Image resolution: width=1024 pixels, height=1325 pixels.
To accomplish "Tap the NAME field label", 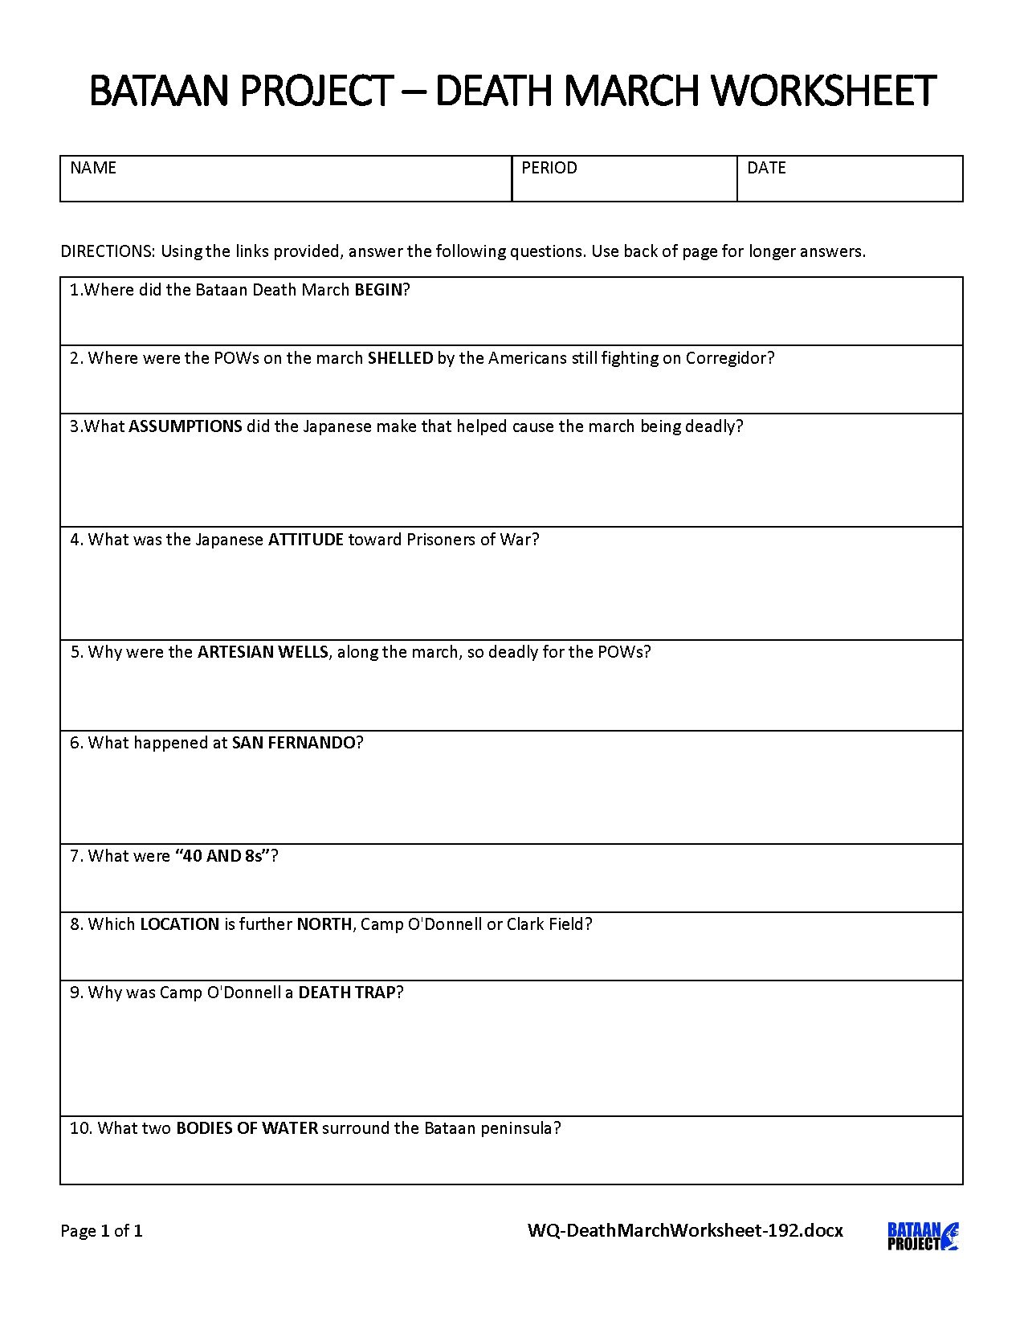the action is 93,168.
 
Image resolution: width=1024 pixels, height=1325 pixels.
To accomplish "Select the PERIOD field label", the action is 549,168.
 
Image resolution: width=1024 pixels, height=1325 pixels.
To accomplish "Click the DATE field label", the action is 766,168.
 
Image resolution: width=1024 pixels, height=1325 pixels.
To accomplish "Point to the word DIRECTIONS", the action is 107,251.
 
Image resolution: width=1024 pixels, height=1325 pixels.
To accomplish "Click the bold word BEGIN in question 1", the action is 377,290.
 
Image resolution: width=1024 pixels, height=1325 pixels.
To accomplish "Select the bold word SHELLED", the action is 400,358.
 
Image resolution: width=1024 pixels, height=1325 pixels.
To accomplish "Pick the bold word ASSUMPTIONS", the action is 186,426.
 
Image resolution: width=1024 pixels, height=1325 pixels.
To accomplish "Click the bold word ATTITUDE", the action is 306,540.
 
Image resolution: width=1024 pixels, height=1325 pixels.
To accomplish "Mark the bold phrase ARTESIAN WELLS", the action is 263,652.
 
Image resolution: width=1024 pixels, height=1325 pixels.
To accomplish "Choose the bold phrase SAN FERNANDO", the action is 293,743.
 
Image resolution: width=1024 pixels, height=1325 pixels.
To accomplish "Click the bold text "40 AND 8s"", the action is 222,856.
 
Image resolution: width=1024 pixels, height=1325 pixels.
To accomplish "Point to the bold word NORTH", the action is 324,924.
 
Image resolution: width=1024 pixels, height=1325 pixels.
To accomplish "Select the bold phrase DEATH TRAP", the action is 346,993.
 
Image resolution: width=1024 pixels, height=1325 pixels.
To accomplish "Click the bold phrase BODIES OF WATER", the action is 247,1128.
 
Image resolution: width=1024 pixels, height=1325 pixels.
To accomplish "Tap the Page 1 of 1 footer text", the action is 102,1230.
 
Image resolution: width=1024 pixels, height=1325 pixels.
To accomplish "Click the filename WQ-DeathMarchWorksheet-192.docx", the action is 685,1230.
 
